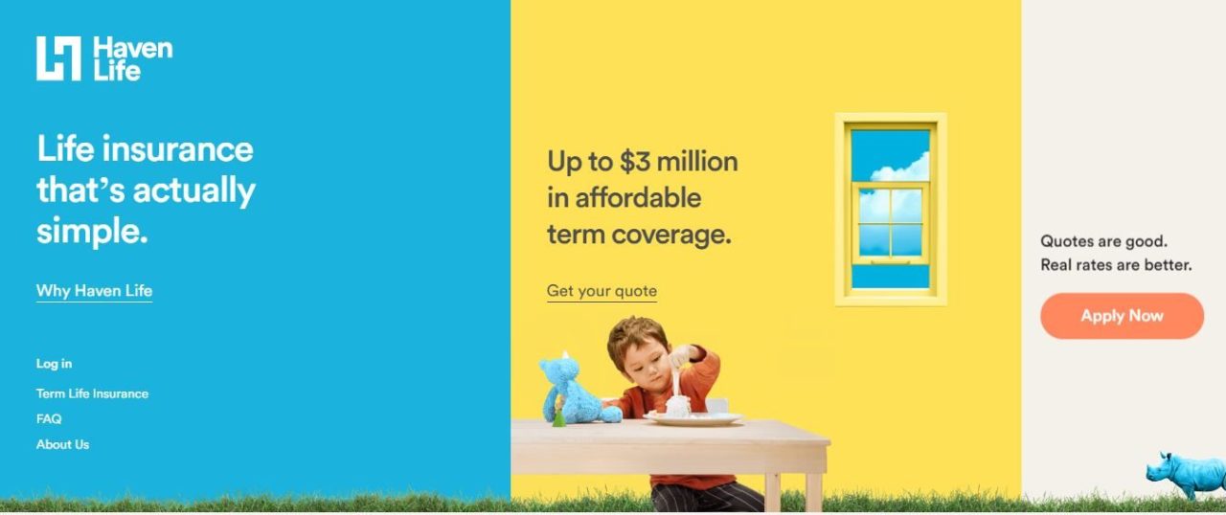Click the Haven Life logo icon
(x=58, y=58)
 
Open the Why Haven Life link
(x=94, y=291)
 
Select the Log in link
(x=54, y=364)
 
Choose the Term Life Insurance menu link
(x=92, y=393)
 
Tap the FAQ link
(x=49, y=419)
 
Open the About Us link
(x=62, y=444)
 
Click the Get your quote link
(x=602, y=291)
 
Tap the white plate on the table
(x=692, y=418)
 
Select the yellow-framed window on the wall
(x=891, y=209)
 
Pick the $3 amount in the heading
(x=636, y=162)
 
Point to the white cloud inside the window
(x=901, y=169)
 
